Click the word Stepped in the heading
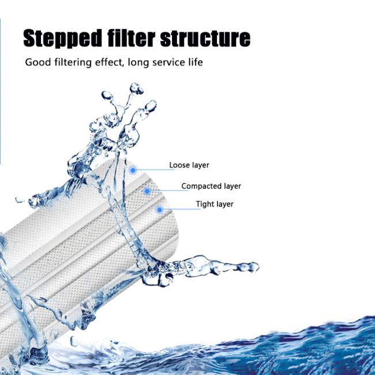[x=62, y=38]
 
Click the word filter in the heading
[x=131, y=37]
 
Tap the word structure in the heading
[x=205, y=38]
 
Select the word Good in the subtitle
[x=37, y=62]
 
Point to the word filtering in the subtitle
[x=73, y=63]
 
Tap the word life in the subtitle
[x=196, y=62]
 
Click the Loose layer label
[x=189, y=165]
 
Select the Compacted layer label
[x=211, y=186]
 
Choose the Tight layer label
[x=215, y=204]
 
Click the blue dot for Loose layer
[x=133, y=170]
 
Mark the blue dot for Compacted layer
[x=147, y=191]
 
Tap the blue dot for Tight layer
[x=159, y=210]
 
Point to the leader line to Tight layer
[x=182, y=209]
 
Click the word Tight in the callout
[x=204, y=204]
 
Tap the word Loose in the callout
[x=179, y=165]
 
